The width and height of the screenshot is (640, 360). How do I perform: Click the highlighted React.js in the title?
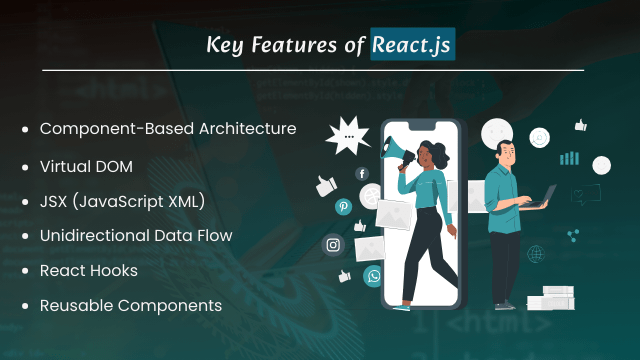tap(413, 45)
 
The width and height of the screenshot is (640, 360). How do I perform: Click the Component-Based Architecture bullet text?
tap(168, 129)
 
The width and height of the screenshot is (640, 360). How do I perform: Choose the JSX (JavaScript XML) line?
tap(122, 202)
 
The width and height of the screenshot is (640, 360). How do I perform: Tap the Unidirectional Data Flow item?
tap(136, 236)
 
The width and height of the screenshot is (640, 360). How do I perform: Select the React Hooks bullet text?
tap(89, 270)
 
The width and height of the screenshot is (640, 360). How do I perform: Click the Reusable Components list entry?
tap(131, 305)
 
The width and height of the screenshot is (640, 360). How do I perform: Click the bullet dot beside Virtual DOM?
tap(24, 167)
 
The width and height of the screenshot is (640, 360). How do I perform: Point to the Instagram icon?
tap(332, 245)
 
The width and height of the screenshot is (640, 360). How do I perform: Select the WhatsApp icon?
tap(372, 276)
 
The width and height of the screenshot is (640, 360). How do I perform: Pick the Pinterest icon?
tap(344, 207)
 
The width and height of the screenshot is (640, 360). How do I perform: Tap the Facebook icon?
tap(362, 173)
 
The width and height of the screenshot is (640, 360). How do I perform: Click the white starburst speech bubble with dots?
tap(349, 134)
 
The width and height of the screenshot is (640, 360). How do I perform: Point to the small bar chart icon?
tap(569, 157)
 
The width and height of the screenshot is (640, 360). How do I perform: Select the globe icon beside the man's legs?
tap(536, 253)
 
